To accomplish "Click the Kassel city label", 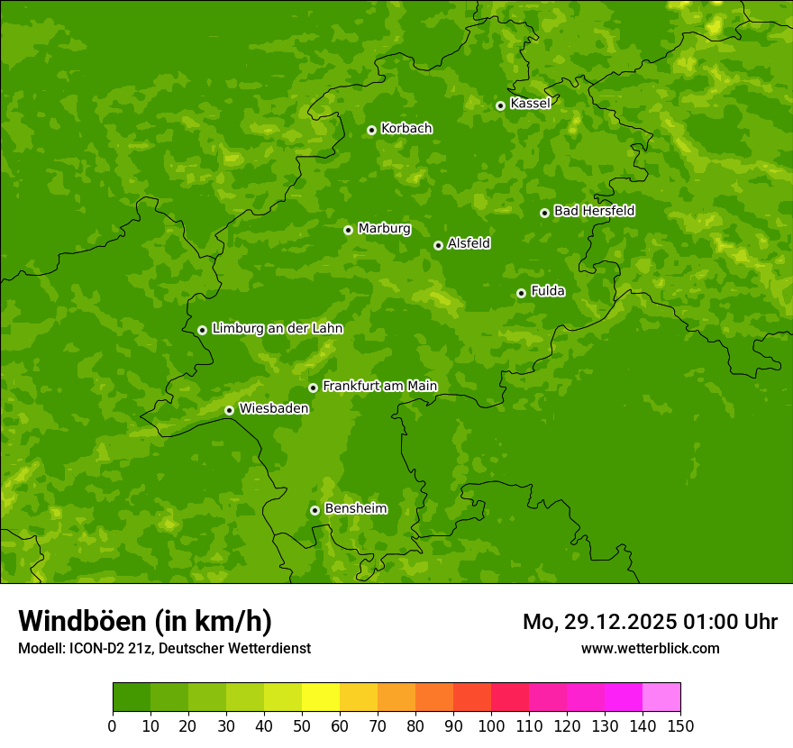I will coord(530,104).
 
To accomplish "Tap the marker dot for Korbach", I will coord(371,130).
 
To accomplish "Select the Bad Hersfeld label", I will coord(594,211).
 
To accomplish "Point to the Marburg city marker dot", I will coord(348,230).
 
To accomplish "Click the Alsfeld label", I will coord(469,243).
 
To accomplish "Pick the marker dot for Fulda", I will coord(521,293).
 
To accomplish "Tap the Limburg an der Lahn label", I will coord(277,329).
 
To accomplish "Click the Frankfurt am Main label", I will coord(379,386).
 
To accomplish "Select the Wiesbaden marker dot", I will coord(229,410).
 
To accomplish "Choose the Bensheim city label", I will coord(355,508).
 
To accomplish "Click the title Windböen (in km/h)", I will coord(145,621).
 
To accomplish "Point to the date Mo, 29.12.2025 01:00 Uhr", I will coord(650,622).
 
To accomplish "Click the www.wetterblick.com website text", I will coord(650,648).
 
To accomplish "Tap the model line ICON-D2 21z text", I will coord(164,648).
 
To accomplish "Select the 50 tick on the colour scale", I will coord(302,725).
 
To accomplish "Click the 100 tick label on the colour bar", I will coord(491,725).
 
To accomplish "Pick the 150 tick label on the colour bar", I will coord(680,725).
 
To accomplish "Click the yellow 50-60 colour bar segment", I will coord(321,698).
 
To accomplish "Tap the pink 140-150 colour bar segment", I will coord(661,698).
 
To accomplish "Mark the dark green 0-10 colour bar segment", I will coord(132,698).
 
